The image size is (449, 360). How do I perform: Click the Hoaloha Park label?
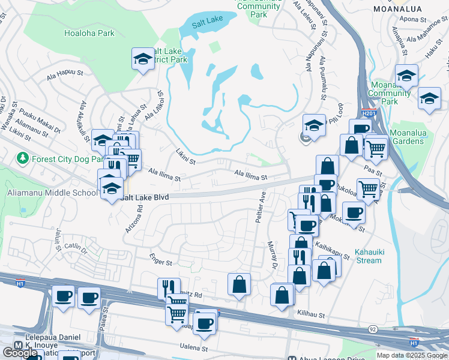[89, 34]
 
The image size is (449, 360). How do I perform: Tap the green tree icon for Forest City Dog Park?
[23, 158]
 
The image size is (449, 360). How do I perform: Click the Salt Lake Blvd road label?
[144, 197]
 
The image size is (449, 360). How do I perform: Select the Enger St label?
[161, 263]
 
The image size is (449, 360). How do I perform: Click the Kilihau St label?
[311, 314]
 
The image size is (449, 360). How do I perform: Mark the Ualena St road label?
[193, 347]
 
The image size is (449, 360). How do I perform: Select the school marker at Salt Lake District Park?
[143, 59]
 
